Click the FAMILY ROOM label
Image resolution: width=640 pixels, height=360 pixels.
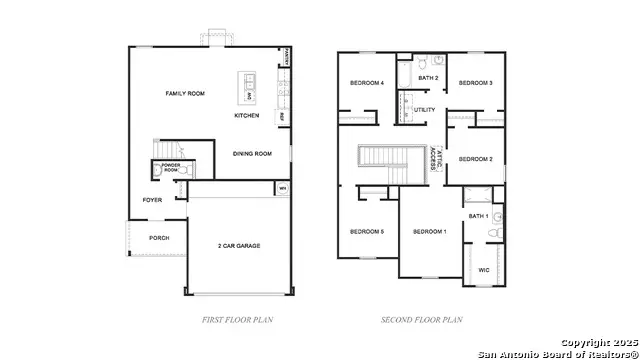(185, 93)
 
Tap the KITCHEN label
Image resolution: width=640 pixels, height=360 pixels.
(247, 116)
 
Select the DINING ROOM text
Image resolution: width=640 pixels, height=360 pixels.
(252, 153)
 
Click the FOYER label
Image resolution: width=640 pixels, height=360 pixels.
(151, 199)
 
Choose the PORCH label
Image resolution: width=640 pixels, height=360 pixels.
(159, 238)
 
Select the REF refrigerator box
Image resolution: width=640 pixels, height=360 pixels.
(282, 116)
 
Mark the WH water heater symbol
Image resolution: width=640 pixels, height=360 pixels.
(282, 187)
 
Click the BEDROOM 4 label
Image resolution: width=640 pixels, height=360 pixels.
(366, 83)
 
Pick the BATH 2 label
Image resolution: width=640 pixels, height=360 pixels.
(428, 77)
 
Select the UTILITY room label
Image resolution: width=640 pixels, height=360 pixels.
(425, 110)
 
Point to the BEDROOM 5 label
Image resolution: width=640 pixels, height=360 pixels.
(366, 232)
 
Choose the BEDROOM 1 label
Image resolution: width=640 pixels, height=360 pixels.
(430, 232)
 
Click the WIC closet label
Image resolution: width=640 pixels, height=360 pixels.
(484, 269)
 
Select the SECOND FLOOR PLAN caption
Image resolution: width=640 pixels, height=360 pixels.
(421, 320)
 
